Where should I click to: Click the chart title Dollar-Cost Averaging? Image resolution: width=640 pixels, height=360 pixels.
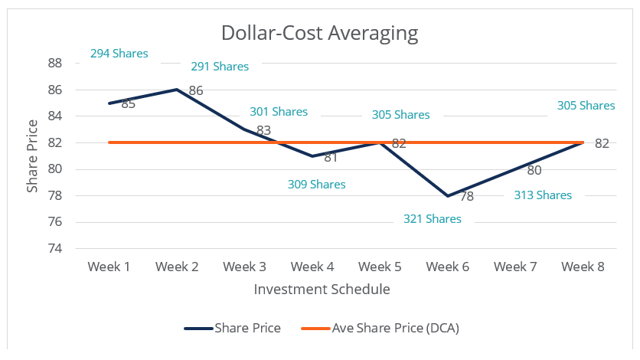319,33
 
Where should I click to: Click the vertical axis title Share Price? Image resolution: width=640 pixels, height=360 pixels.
32,155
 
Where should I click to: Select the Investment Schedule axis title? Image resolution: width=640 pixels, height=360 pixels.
322,290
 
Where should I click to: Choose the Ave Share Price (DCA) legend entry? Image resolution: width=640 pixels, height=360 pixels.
395,328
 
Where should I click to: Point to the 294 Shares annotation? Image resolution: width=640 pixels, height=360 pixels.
119,54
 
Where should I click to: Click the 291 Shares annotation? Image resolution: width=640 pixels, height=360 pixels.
220,67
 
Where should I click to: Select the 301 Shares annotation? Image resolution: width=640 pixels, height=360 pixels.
279,112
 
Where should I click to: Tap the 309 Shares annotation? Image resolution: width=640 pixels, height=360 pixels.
316,185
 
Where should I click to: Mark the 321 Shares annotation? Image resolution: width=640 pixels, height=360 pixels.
433,219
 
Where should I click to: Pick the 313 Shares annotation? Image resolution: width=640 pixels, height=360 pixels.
543,195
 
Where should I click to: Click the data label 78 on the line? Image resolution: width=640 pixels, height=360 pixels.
466,196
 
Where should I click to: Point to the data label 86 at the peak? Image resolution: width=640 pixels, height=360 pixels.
195,90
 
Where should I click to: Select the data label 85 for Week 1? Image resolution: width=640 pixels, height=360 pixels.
128,103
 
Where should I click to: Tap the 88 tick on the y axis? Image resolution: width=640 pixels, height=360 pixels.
54,63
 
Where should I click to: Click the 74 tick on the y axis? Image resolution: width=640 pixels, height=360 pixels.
54,248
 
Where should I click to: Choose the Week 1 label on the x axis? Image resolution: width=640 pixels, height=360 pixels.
109,267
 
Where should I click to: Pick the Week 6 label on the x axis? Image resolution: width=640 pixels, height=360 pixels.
448,267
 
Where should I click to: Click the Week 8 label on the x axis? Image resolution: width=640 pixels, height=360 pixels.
583,267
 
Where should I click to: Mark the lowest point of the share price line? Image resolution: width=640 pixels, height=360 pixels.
448,195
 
